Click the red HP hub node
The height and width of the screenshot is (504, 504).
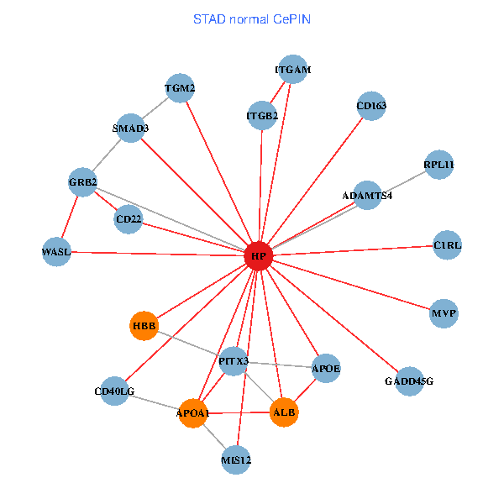pyautogui.click(x=259, y=255)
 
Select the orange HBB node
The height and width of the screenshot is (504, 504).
pyautogui.click(x=144, y=325)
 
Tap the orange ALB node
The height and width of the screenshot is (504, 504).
pyautogui.click(x=284, y=412)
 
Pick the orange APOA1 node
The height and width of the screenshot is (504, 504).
pyautogui.click(x=193, y=413)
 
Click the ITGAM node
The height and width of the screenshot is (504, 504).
pyautogui.click(x=292, y=71)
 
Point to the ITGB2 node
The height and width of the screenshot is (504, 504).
pyautogui.click(x=262, y=114)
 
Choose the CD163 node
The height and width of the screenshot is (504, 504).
pyautogui.click(x=371, y=106)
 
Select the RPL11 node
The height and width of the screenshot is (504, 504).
pyautogui.click(x=438, y=165)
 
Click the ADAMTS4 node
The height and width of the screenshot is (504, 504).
pyautogui.click(x=367, y=195)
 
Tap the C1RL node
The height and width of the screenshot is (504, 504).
pyautogui.click(x=448, y=245)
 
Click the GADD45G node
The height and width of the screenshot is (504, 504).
pyautogui.click(x=409, y=381)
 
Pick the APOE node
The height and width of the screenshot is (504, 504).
pyautogui.click(x=326, y=368)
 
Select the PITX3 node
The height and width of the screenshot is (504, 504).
pyautogui.click(x=234, y=361)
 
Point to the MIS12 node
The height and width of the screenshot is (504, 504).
pyautogui.click(x=236, y=459)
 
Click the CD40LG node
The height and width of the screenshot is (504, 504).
pyautogui.click(x=114, y=391)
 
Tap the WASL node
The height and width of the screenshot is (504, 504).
pyautogui.click(x=56, y=251)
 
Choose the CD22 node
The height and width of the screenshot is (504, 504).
pyautogui.click(x=129, y=220)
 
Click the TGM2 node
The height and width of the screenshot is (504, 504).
pyautogui.click(x=180, y=88)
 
